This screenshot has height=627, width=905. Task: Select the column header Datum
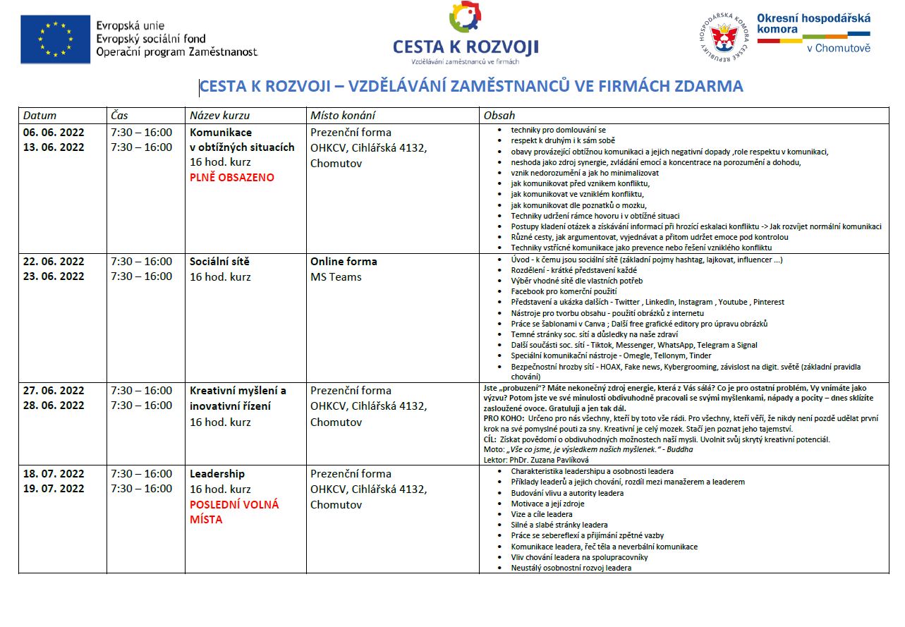point(40,116)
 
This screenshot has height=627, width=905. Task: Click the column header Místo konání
point(343,116)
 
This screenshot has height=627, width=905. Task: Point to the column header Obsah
point(499,116)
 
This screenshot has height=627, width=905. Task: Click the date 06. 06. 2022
point(54,133)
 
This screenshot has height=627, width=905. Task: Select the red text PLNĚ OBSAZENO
point(232,178)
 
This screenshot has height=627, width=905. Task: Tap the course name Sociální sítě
point(219,262)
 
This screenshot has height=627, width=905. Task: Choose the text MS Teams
point(336,277)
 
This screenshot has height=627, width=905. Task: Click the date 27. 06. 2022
point(54,391)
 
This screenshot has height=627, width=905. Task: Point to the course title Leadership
point(217,474)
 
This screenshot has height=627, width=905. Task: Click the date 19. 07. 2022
point(54,489)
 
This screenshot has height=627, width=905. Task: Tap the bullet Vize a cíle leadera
point(542,514)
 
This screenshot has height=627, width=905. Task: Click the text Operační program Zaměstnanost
point(177,52)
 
